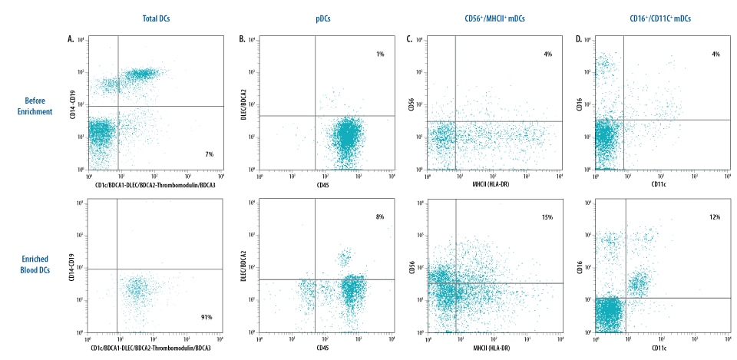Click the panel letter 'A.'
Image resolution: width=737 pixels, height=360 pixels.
(x=71, y=38)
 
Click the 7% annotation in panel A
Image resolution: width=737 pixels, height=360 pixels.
(x=209, y=154)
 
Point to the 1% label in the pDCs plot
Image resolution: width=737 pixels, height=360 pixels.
(x=378, y=54)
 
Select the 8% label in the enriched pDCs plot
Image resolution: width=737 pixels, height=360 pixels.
(x=378, y=217)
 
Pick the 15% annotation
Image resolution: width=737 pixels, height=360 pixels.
(x=547, y=217)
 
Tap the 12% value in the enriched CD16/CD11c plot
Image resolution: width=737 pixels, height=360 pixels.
(x=714, y=217)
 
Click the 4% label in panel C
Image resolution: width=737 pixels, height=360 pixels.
(x=547, y=54)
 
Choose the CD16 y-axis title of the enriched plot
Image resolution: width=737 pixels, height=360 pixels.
(x=578, y=268)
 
